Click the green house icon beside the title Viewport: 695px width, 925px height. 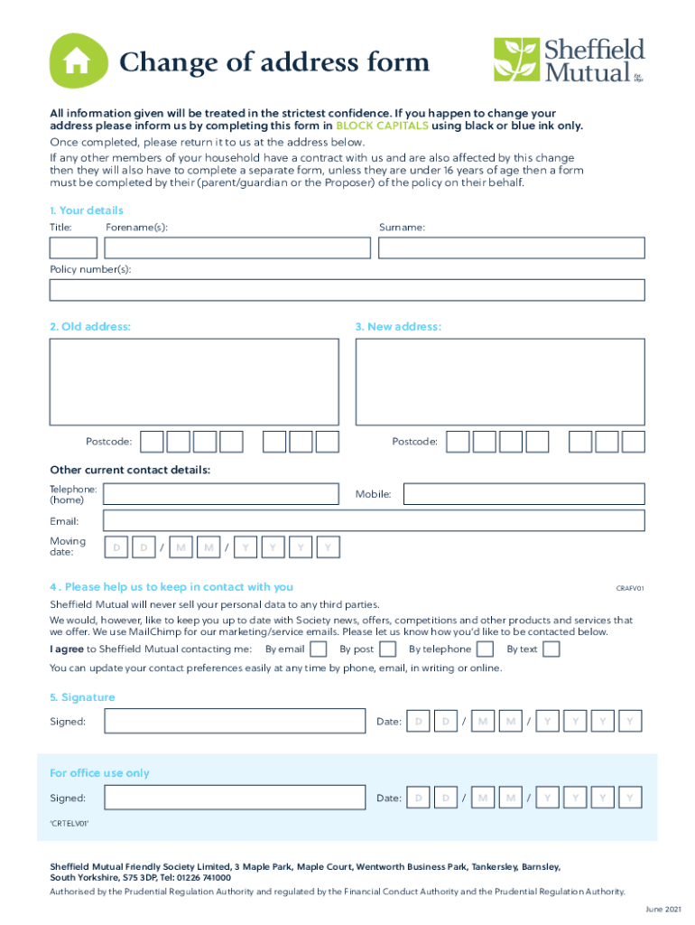coord(77,61)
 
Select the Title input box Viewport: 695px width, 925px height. coord(73,248)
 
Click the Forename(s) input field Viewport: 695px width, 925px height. coord(237,248)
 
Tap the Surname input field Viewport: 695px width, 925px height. coord(511,248)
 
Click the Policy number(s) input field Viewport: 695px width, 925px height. coord(347,290)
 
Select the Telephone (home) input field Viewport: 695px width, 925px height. coord(222,494)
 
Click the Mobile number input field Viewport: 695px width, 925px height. coord(524,494)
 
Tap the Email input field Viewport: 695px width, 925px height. coord(374,520)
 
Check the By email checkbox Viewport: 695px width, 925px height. coord(319,649)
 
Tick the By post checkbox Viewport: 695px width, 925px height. coord(387,649)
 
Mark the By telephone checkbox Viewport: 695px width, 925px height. coord(485,649)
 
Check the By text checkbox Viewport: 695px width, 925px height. coord(551,649)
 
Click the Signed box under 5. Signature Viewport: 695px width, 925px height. coord(234,721)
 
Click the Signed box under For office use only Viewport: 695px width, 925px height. coord(234,798)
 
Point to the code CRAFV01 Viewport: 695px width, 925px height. coord(629,588)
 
